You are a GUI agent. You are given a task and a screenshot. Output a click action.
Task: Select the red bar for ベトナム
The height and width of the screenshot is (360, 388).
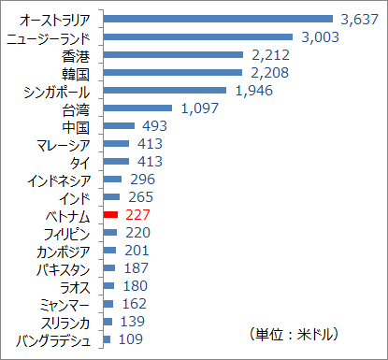pyautogui.click(x=109, y=215)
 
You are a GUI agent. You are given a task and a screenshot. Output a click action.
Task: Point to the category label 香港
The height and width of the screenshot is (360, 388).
pyautogui.click(x=75, y=55)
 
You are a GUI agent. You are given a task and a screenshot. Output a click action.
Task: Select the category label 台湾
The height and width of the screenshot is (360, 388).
pyautogui.click(x=75, y=108)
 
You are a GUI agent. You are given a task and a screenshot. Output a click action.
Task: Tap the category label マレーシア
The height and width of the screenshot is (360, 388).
pyautogui.click(x=64, y=144)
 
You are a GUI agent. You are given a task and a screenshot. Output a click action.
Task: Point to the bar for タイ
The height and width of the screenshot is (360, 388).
pyautogui.click(x=115, y=162)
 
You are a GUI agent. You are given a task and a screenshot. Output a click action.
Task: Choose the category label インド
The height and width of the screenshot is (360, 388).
pyautogui.click(x=75, y=197)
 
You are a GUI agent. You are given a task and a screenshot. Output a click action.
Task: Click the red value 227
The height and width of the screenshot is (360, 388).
pyautogui.click(x=137, y=215)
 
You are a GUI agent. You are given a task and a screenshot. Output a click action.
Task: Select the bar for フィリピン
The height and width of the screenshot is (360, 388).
pyautogui.click(x=109, y=233)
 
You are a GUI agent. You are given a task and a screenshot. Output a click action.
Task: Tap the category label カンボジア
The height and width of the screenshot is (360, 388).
pyautogui.click(x=64, y=251)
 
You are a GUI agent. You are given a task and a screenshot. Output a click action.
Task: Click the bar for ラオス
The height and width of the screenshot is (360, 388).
pyautogui.click(x=108, y=286)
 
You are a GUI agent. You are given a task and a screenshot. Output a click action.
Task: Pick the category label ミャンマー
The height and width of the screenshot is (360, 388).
pyautogui.click(x=64, y=304)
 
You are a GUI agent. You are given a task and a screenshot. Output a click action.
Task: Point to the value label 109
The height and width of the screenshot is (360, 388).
pyautogui.click(x=129, y=339)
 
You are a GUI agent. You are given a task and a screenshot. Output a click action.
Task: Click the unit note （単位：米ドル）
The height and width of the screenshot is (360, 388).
pyautogui.click(x=294, y=334)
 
